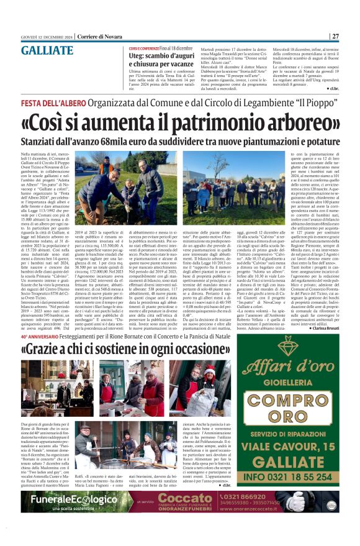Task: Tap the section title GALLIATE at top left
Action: (x=43, y=50)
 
